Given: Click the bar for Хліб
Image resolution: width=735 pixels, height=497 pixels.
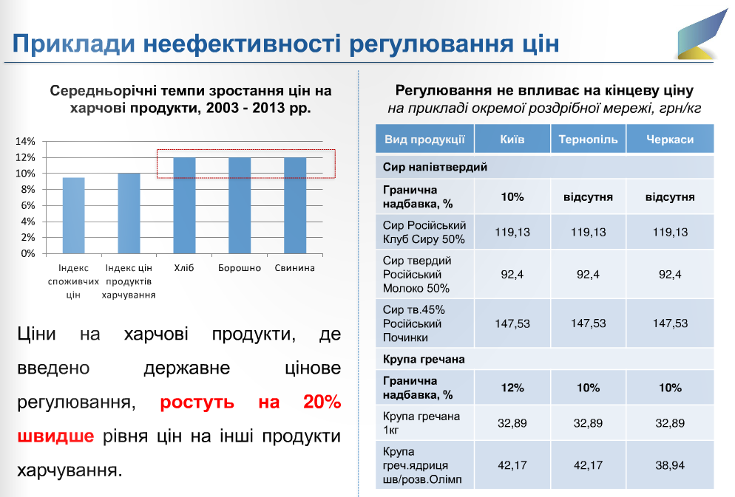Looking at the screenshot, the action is click(184, 205).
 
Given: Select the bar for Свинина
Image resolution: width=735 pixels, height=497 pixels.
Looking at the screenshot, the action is click(295, 205).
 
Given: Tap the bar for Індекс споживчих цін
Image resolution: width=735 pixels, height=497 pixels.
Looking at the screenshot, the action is click(74, 216).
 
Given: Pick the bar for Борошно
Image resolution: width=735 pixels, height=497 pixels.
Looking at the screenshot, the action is click(240, 205).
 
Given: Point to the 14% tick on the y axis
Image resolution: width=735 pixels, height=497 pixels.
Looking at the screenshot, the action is click(25, 141).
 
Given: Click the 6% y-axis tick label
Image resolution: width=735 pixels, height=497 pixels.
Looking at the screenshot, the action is click(27, 205).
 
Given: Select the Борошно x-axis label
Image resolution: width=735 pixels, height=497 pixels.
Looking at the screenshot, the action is click(240, 268).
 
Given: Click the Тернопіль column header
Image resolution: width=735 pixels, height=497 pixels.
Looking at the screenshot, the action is click(589, 140).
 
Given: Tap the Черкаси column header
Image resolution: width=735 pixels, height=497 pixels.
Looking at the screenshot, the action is click(670, 140).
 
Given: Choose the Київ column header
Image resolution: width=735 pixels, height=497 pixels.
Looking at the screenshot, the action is click(512, 140).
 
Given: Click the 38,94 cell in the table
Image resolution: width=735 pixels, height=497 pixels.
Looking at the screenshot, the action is click(670, 465).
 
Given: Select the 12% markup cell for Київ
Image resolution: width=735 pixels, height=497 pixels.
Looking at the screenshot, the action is click(512, 388).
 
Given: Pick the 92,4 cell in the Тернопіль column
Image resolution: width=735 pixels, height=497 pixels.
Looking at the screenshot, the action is click(589, 274).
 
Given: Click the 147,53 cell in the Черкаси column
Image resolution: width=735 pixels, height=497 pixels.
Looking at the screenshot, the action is click(670, 323).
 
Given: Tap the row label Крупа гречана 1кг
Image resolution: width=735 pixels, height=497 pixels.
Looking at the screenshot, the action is click(421, 423).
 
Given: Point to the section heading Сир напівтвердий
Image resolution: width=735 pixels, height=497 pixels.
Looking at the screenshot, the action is click(435, 167).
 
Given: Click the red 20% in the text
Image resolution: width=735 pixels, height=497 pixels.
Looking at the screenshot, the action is click(322, 402).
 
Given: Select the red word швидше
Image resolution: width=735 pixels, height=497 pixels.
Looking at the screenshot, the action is click(55, 436).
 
